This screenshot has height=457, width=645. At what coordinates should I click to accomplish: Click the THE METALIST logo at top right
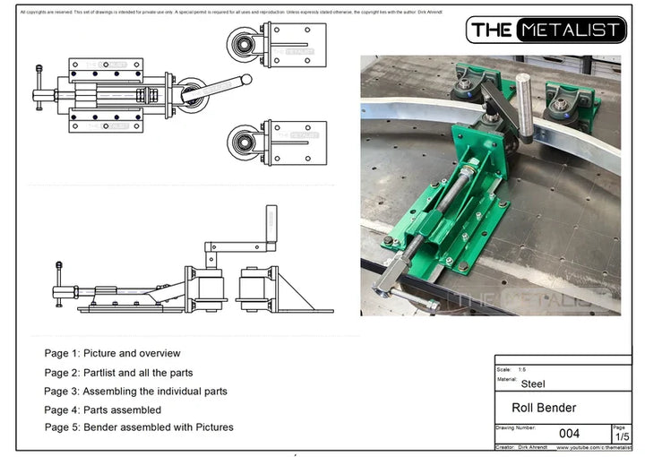pos(546,30)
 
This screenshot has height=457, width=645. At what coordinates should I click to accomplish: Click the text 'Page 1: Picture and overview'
pos(112,353)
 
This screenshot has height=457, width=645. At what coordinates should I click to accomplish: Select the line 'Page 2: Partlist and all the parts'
pos(118,372)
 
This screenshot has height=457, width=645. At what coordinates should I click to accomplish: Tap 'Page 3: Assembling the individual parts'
pos(135,391)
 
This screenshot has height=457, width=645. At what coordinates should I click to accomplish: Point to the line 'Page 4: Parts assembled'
pos(102,410)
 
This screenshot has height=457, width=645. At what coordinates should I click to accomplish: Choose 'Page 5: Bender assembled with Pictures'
pos(139,427)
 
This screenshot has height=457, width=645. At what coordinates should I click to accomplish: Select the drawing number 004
pos(569,434)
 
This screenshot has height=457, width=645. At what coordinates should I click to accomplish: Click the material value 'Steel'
pos(534,384)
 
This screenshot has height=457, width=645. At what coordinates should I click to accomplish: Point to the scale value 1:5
pos(522,369)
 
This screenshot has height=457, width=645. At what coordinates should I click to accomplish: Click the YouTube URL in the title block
pos(585,446)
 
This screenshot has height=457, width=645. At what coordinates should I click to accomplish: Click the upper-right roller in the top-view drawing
pos(240,43)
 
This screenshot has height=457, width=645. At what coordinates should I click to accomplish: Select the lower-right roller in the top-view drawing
pos(240,142)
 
